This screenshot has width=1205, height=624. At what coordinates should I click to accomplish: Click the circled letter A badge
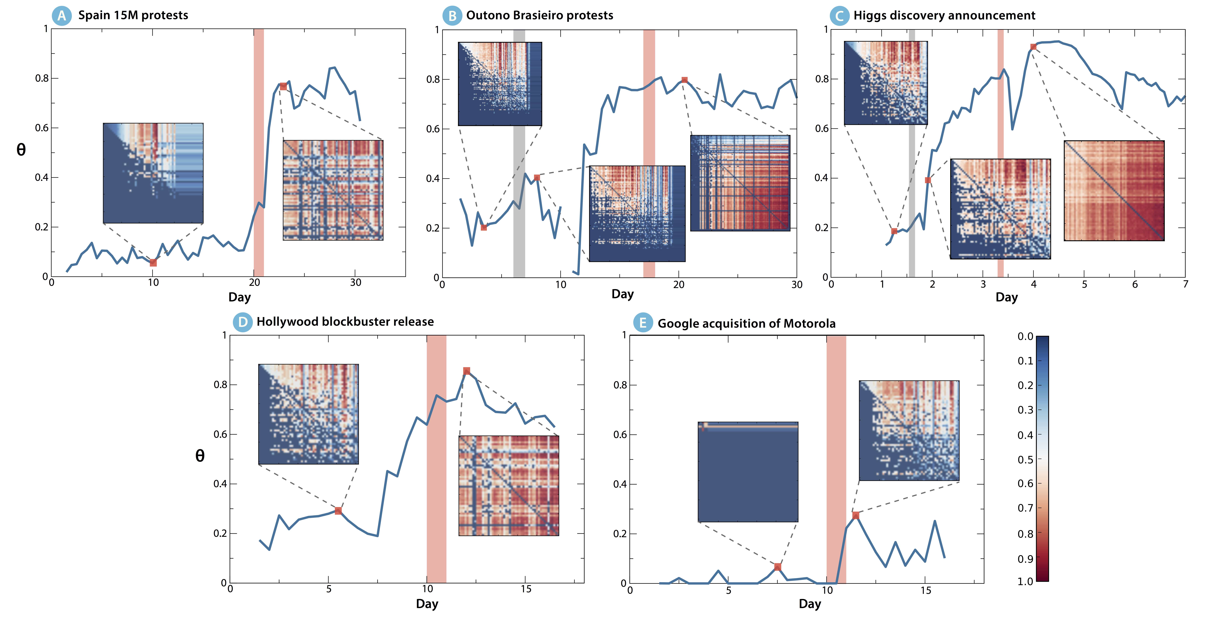(x=62, y=15)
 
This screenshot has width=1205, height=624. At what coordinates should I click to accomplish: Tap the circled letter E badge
(x=643, y=323)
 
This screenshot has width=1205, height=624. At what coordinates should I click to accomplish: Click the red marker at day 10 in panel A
(x=153, y=263)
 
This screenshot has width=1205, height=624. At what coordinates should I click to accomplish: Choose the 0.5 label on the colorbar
(x=1025, y=459)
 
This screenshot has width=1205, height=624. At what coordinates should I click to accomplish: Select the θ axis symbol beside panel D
(x=200, y=456)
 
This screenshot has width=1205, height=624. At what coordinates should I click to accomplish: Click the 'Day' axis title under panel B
(x=622, y=294)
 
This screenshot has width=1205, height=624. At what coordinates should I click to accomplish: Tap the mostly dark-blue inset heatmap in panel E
(x=748, y=472)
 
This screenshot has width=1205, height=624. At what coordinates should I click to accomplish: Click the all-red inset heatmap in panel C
(x=1114, y=191)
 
